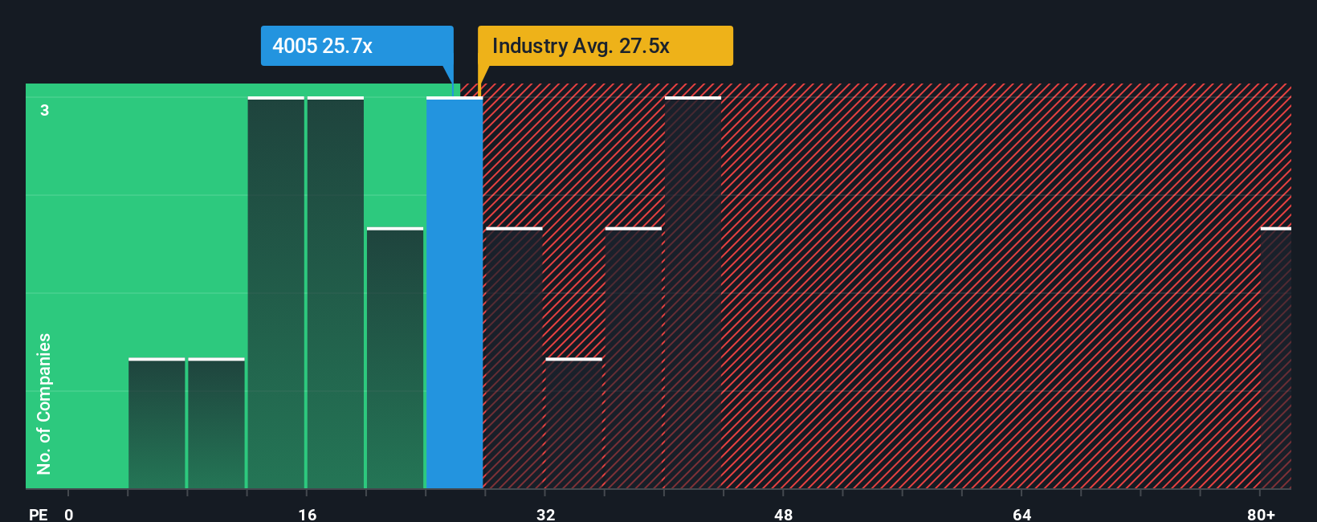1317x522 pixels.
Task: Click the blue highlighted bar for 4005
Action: coord(455,293)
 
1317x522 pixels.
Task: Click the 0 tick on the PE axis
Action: coord(69,514)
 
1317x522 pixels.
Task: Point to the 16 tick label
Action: coord(307,514)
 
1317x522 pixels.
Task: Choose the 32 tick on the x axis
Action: coord(545,514)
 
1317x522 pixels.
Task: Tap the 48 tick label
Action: coord(783,514)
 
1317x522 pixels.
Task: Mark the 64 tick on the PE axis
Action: coord(1021,514)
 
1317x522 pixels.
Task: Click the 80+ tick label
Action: coord(1261,514)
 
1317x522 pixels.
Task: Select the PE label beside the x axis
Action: coord(39,514)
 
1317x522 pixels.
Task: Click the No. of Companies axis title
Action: coord(44,403)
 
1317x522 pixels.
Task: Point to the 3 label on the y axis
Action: coord(45,110)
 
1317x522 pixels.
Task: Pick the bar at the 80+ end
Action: coord(1275,358)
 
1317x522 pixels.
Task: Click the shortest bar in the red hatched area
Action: coord(573,423)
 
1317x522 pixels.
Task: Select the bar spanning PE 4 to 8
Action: coord(157,423)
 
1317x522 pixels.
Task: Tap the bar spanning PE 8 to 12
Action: coord(216,423)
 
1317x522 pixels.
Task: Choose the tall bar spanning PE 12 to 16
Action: coord(276,293)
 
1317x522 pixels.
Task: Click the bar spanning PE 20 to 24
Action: coord(395,358)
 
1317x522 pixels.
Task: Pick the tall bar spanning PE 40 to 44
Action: coord(693,293)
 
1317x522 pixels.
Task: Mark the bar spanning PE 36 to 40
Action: coord(634,358)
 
